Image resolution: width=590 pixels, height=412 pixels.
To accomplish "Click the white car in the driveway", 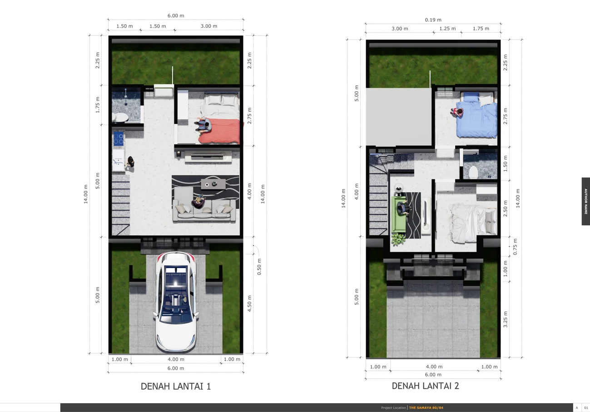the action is coord(176,302).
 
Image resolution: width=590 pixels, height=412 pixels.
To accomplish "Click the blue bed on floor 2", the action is coord(476,115).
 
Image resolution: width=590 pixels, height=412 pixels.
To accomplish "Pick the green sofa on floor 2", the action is coord(398,214).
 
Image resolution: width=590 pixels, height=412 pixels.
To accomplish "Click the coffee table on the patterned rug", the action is coord(213,184).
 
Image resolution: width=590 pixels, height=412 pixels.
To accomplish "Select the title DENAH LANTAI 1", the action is coord(176,387).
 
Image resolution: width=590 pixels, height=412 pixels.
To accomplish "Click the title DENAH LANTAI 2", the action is coord(425,386).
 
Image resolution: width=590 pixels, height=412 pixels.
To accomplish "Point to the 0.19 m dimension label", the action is coord(433,20).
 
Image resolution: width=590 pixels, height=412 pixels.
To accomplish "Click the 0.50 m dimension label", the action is coord(259,267).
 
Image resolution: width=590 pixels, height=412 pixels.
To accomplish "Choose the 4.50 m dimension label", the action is coord(249,303).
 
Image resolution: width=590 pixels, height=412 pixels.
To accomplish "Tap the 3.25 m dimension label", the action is coord(505,319).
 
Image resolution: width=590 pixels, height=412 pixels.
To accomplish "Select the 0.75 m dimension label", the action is coord(515,247).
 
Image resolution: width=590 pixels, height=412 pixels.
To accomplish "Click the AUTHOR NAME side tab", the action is coord(586,201).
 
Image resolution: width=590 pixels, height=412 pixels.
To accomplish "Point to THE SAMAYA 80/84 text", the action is coord(426,407).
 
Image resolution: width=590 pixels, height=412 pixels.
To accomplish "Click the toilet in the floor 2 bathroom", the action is coord(473,172).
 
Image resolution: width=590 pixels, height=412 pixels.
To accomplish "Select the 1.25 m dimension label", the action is coord(447,29).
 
